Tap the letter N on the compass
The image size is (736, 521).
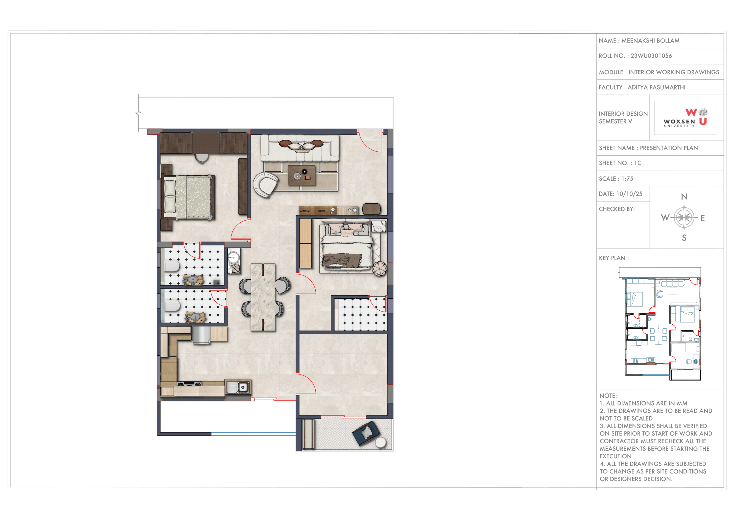tap(684, 197)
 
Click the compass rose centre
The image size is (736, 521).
tap(684, 218)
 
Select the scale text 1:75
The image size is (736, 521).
tap(627, 179)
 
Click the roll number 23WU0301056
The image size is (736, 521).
tap(651, 56)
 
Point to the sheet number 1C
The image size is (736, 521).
tap(638, 163)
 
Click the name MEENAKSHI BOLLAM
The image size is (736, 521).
tap(650, 41)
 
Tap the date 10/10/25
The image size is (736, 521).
tap(629, 194)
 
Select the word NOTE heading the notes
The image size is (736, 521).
tap(608, 396)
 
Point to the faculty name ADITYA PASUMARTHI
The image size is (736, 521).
tap(656, 87)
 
